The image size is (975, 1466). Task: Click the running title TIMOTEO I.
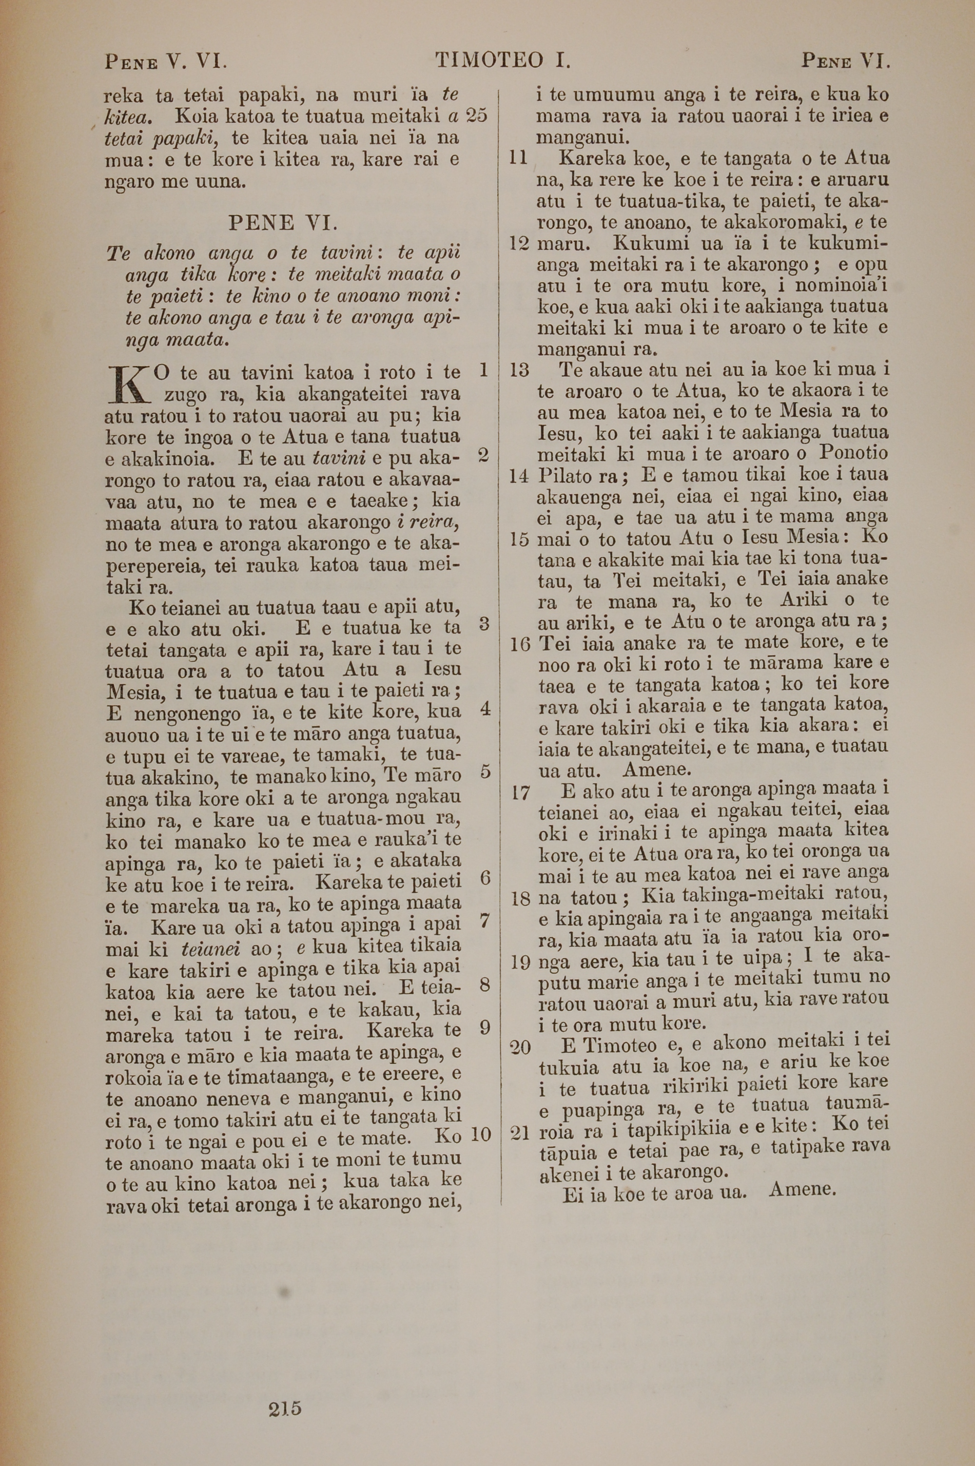tap(503, 61)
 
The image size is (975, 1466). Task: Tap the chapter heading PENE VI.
tap(283, 222)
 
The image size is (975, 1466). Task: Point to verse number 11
tap(517, 158)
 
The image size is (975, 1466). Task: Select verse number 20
tap(520, 1048)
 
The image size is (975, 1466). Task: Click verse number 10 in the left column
tap(481, 1134)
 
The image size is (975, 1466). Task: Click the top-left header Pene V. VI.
tap(166, 61)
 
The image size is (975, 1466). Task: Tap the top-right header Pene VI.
tap(846, 61)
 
